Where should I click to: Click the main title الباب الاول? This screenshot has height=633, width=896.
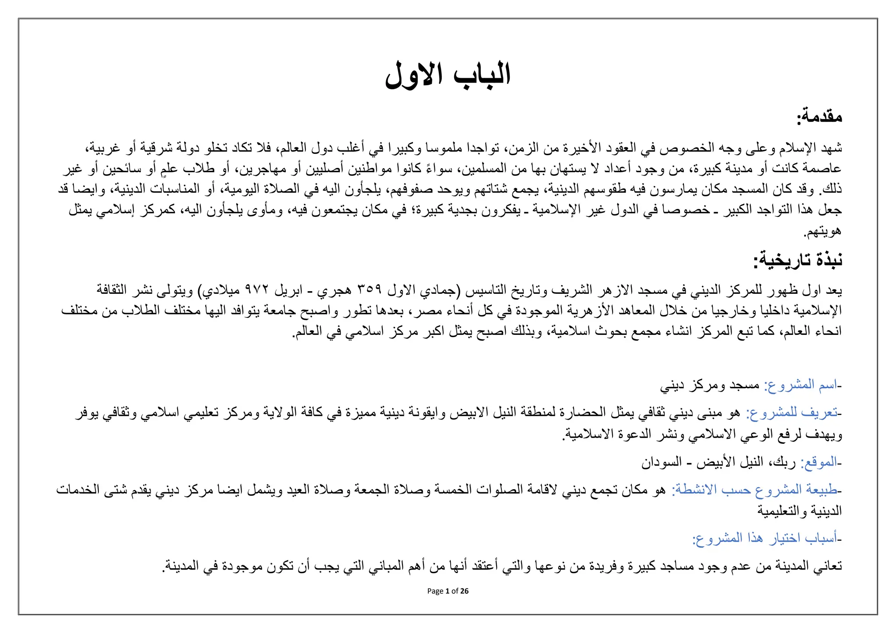pos(448,75)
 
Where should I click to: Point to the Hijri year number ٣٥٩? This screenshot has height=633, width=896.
pos(370,290)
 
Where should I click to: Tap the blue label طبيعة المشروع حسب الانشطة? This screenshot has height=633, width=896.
pos(755,490)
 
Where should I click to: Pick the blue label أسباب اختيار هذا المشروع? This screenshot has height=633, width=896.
pos(765,538)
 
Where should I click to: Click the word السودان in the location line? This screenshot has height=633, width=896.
pos(661,462)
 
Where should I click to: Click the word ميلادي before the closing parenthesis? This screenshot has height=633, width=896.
pos(222,290)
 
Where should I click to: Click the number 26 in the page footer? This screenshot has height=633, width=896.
pos(464,591)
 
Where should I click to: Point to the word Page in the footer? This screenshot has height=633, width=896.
pos(435,591)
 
